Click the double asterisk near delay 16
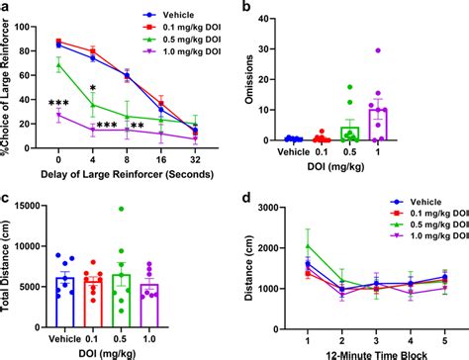(x=139, y=127)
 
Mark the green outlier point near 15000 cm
(x=120, y=209)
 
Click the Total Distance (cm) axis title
(x=8, y=262)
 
